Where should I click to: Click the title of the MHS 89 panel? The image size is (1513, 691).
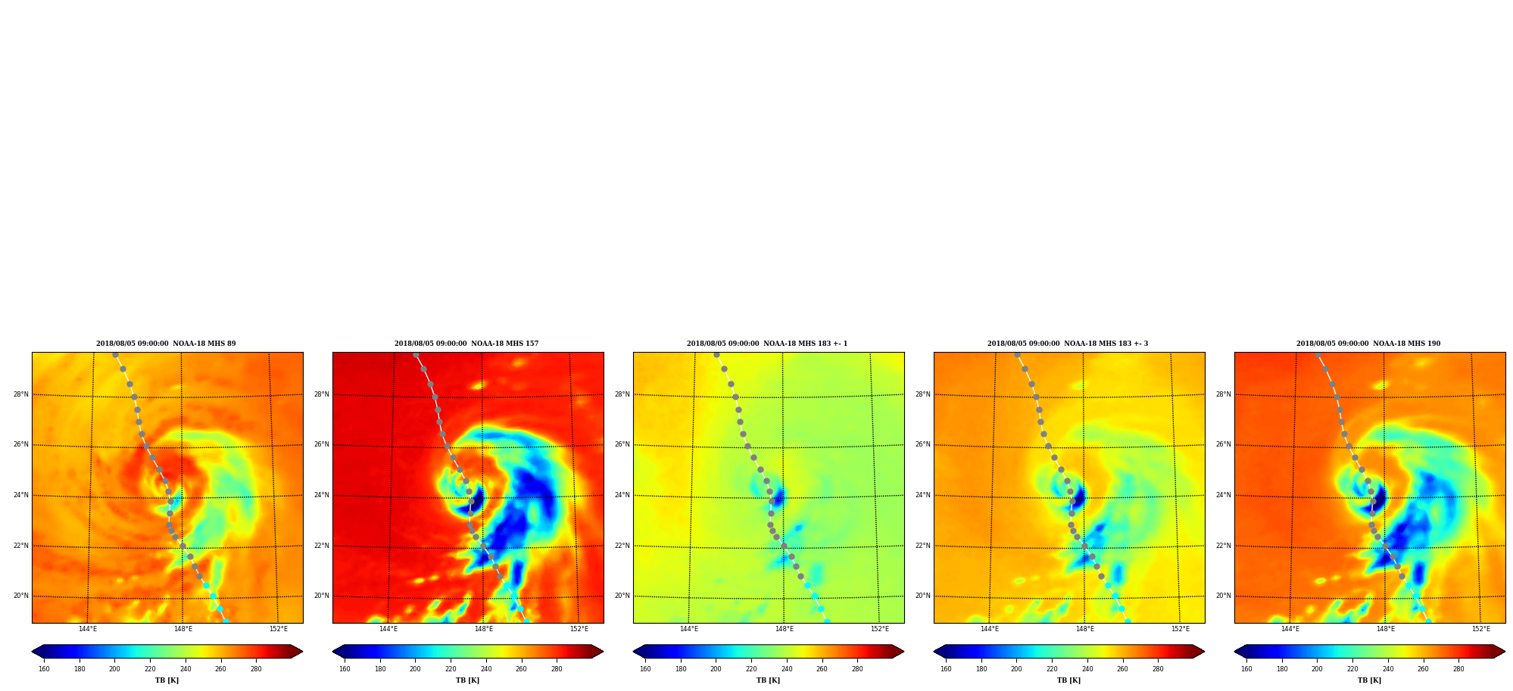pyautogui.click(x=166, y=344)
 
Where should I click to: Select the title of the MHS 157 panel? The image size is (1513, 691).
pyautogui.click(x=466, y=344)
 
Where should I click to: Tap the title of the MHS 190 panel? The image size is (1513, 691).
pyautogui.click(x=1368, y=344)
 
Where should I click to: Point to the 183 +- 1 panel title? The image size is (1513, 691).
pyautogui.click(x=767, y=344)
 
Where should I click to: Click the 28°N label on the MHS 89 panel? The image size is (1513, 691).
pyautogui.click(x=21, y=394)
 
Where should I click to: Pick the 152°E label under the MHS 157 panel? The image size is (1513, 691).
pyautogui.click(x=579, y=629)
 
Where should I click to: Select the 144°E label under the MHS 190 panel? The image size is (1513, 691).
pyautogui.click(x=1290, y=629)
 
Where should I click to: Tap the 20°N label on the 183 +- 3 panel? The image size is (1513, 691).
pyautogui.click(x=923, y=596)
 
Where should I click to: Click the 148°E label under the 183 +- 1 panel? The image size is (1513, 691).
pyautogui.click(x=785, y=629)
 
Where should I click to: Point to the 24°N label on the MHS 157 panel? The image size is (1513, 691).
pyautogui.click(x=322, y=495)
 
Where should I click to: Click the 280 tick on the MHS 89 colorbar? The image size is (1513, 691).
pyautogui.click(x=256, y=669)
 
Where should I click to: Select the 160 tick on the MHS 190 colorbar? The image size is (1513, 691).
pyautogui.click(x=1246, y=669)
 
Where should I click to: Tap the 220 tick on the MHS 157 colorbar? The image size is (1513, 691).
pyautogui.click(x=451, y=669)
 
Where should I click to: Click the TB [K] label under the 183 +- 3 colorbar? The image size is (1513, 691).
pyautogui.click(x=1068, y=680)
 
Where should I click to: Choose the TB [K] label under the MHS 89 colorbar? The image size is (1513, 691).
pyautogui.click(x=167, y=680)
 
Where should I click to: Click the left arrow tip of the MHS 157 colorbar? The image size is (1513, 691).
pyautogui.click(x=332, y=652)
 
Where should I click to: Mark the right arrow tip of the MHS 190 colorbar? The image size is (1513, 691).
pyautogui.click(x=1505, y=652)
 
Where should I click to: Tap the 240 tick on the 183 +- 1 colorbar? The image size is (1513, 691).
pyautogui.click(x=787, y=669)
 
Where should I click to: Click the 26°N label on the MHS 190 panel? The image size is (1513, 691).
pyautogui.click(x=1224, y=444)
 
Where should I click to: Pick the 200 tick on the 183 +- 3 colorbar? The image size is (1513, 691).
pyautogui.click(x=1016, y=669)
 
